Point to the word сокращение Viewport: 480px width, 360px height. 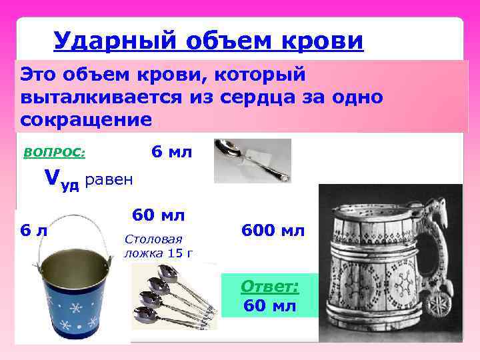click(x=86, y=120)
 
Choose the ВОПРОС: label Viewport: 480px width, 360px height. click(x=54, y=152)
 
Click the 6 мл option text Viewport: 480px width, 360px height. click(x=171, y=152)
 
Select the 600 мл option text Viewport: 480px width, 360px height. click(x=273, y=231)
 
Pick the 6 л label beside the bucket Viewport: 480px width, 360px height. click(x=33, y=231)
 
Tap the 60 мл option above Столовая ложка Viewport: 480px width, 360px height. click(x=158, y=215)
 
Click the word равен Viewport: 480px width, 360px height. click(x=109, y=180)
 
